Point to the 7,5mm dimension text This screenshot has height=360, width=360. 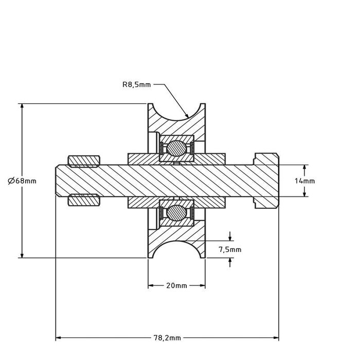point(229,249)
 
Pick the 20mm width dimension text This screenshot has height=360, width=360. point(177,286)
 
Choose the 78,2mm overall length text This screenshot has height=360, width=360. point(167,338)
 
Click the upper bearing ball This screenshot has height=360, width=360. point(177,148)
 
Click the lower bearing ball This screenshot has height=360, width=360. point(177,212)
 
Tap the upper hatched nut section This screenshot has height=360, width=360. point(84,161)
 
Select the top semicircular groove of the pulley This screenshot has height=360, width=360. point(177,110)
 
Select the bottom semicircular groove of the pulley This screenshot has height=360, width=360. point(177,251)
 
